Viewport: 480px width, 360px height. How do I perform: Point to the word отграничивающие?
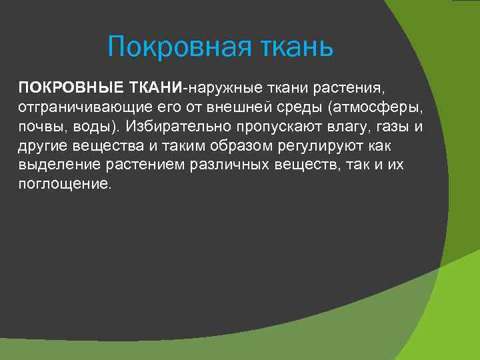pyautogui.click(x=83, y=108)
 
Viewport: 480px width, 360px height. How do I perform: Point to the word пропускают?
pyautogui.click(x=263, y=127)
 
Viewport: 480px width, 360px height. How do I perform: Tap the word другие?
pyautogui.click(x=41, y=146)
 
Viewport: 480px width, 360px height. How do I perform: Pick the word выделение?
pyautogui.click(x=55, y=165)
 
